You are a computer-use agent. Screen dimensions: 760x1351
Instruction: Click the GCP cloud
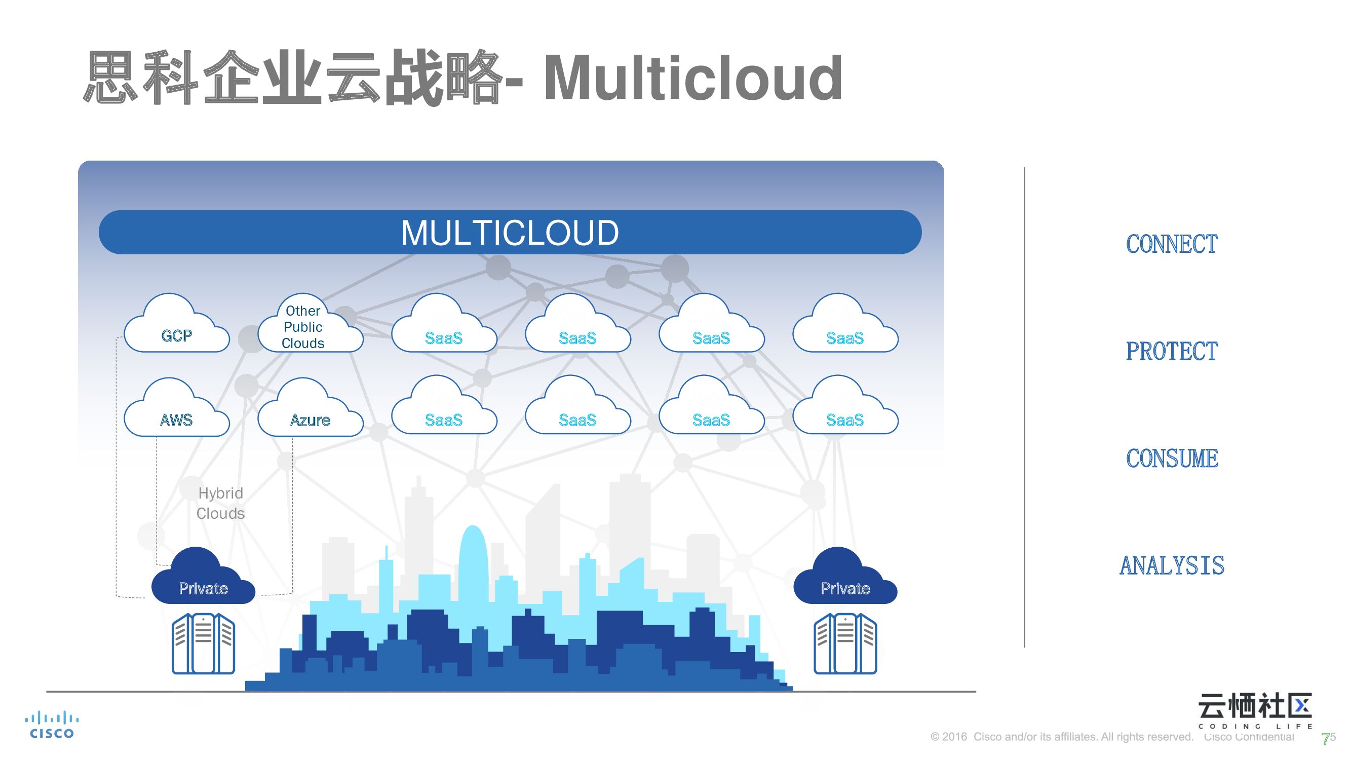tap(176, 328)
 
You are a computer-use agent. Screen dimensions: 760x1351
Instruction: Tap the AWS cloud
tap(176, 412)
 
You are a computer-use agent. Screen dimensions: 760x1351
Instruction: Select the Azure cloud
tap(310, 412)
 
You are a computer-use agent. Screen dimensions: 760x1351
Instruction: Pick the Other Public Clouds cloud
tap(303, 327)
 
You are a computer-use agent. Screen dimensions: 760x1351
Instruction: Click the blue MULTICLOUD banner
tap(510, 233)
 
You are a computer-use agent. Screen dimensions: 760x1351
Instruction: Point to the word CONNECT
tap(1172, 244)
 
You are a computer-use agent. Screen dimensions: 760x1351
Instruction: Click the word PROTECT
tap(1172, 352)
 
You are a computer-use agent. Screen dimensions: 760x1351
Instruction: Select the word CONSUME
tap(1172, 459)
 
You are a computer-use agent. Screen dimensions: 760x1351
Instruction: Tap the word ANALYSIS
tap(1172, 566)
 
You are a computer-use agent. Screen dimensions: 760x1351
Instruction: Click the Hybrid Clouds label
tap(221, 503)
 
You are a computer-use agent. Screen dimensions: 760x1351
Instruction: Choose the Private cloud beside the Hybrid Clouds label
tap(204, 580)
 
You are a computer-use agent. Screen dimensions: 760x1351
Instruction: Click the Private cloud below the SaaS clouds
tap(845, 580)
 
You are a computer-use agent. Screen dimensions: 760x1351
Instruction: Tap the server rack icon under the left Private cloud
tap(204, 643)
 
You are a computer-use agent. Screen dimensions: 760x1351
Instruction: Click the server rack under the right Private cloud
tap(845, 643)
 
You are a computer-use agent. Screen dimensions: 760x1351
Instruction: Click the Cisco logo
tap(51, 726)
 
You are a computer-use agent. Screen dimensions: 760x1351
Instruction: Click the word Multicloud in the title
tap(693, 79)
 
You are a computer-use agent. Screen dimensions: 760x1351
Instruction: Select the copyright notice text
tap(1062, 737)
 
